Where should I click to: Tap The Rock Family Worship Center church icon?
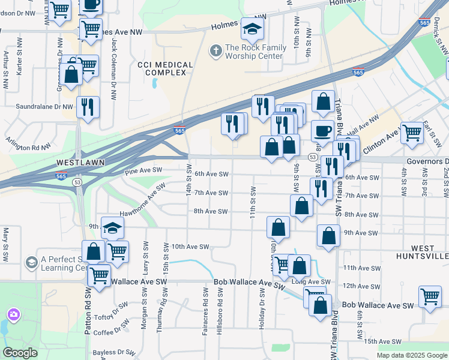click(215, 51)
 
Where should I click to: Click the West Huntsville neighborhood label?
click(423, 252)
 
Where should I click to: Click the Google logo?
click(20, 353)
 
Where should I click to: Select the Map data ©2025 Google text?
click(411, 355)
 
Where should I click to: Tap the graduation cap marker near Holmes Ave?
click(252, 29)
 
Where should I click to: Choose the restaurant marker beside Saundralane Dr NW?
click(88, 107)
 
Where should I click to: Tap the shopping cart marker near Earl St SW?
click(412, 133)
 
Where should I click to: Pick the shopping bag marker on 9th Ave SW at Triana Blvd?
click(328, 235)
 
